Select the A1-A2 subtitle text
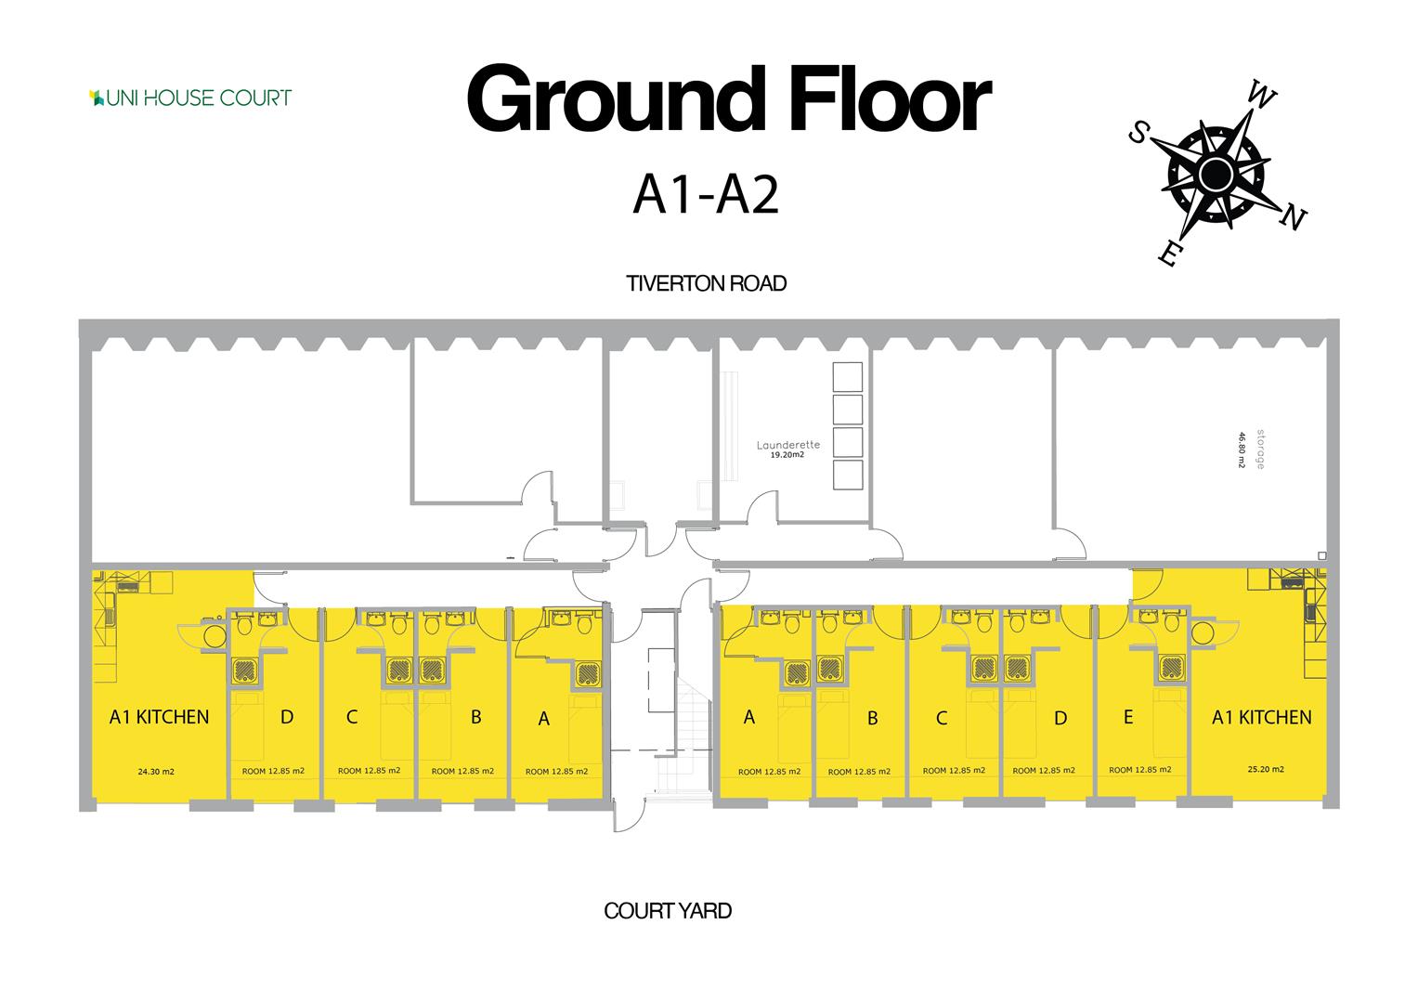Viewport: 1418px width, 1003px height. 705,196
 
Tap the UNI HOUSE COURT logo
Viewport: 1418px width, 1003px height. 190,98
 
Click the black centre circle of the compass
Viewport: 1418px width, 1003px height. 1215,174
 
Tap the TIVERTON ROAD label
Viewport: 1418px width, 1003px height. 706,283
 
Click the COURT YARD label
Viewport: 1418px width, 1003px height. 668,911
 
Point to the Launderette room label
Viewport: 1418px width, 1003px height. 788,445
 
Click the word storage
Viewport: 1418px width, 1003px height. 1260,449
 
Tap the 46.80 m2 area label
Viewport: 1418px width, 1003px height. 1241,449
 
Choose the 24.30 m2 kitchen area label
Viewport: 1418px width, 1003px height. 156,771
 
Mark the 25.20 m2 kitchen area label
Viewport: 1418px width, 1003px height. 1266,769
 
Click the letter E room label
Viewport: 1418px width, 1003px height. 1127,717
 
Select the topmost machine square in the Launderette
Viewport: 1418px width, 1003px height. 848,376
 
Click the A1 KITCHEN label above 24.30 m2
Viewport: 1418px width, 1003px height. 159,717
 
